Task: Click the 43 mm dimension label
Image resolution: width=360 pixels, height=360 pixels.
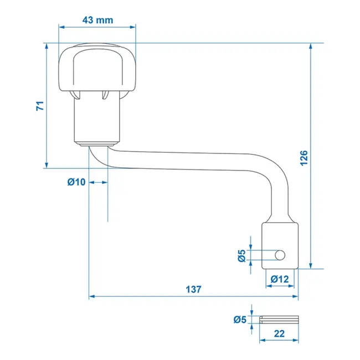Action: pyautogui.click(x=97, y=19)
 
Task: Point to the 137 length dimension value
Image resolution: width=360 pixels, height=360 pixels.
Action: pyautogui.click(x=194, y=289)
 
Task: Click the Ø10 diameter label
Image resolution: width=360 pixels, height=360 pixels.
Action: pyautogui.click(x=76, y=182)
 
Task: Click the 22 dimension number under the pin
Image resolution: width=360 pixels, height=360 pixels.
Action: pyautogui.click(x=279, y=334)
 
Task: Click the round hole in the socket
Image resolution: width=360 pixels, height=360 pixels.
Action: pyautogui.click(x=280, y=254)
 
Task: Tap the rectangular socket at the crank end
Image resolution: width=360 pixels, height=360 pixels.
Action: pyautogui.click(x=280, y=245)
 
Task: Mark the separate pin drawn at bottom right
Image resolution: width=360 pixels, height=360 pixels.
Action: pyautogui.click(x=279, y=320)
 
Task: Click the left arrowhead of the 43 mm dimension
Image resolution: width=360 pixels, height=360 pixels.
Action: pyautogui.click(x=61, y=26)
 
